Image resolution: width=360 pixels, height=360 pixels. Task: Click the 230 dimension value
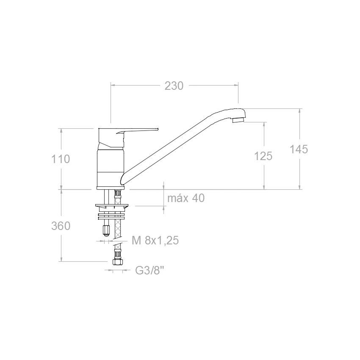(x=174, y=86)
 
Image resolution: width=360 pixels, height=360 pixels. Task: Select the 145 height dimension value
(x=299, y=150)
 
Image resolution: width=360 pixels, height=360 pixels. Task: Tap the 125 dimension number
(x=263, y=156)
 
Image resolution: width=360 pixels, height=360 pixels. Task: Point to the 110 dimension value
(x=61, y=159)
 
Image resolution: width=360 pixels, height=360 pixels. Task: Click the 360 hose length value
(x=61, y=226)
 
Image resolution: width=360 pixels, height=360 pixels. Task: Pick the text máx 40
(x=186, y=198)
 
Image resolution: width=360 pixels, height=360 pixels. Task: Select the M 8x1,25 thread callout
(x=155, y=241)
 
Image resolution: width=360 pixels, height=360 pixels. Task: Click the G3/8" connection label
(x=150, y=271)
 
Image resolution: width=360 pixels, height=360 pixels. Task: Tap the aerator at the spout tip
(x=238, y=119)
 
